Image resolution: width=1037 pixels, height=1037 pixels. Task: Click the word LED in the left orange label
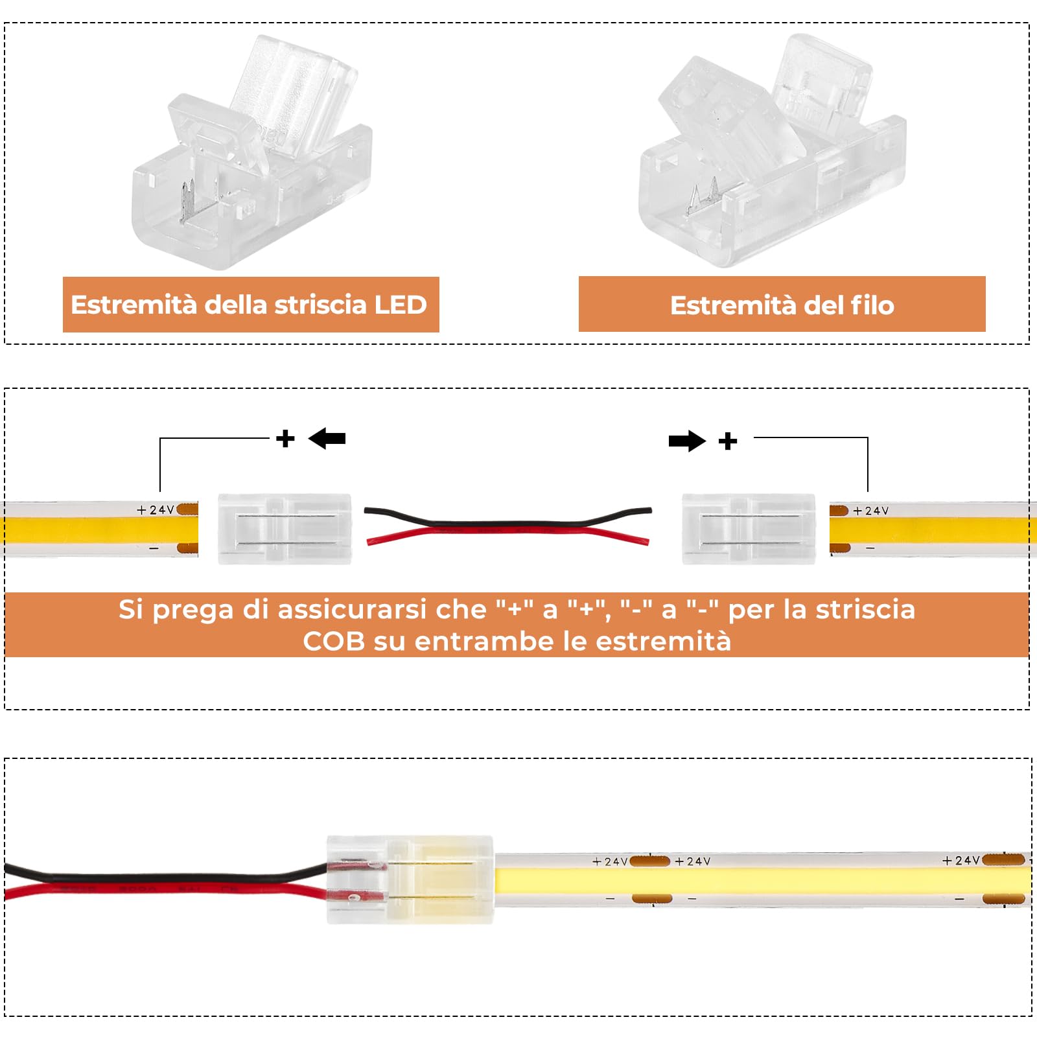click(x=400, y=305)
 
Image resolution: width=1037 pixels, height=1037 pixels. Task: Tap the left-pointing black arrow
click(x=327, y=439)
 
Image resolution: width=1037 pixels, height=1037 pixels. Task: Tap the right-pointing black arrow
click(x=687, y=441)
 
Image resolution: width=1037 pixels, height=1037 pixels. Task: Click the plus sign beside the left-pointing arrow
click(x=285, y=439)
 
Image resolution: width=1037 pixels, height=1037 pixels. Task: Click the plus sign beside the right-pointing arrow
click(x=728, y=441)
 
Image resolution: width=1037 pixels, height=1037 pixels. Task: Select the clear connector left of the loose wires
click(x=285, y=529)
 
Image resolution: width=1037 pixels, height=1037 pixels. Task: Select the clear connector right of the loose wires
click(x=749, y=529)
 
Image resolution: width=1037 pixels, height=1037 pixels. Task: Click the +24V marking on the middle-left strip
click(x=156, y=510)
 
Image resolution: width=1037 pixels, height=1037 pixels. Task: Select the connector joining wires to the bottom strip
click(x=410, y=880)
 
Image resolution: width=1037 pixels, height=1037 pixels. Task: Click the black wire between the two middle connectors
click(x=506, y=522)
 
